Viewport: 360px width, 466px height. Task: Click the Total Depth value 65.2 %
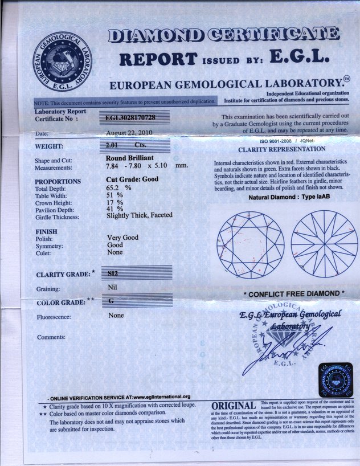119,187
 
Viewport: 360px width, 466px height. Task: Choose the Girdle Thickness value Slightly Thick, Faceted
140,217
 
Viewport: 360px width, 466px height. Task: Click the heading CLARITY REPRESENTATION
281,149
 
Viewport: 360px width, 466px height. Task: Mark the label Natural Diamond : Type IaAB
283,197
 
